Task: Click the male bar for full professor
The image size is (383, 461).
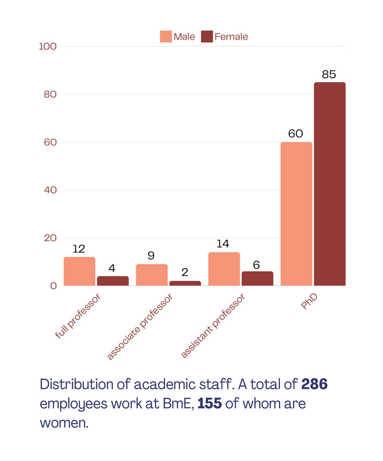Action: [79, 271]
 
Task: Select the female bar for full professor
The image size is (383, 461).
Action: [113, 281]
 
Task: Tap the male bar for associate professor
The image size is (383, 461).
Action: [152, 275]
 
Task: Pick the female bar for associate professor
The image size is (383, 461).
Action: [185, 283]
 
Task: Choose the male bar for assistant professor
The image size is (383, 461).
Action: [224, 269]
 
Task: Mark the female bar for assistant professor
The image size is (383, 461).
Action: [257, 278]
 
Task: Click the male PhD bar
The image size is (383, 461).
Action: [296, 214]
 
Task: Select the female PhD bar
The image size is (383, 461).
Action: [329, 184]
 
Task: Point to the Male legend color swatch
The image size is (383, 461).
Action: [165, 37]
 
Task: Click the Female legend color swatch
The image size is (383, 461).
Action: [206, 37]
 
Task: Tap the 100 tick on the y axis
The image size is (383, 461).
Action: [47, 46]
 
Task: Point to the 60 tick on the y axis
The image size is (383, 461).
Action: [50, 142]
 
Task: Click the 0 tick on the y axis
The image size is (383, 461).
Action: [53, 286]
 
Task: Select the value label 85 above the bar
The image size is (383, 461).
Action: [329, 75]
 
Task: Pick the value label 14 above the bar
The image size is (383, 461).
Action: [223, 244]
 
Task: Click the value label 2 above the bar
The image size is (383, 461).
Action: [185, 273]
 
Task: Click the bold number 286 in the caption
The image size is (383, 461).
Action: [314, 384]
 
